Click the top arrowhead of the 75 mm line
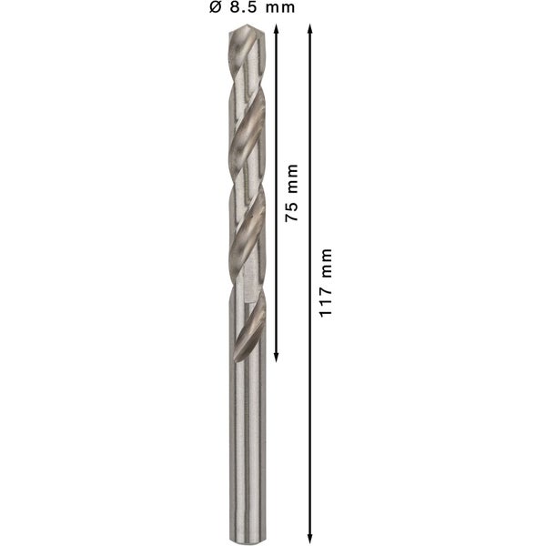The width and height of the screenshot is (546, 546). pyautogui.click(x=276, y=28)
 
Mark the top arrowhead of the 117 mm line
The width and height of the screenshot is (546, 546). pyautogui.click(x=311, y=28)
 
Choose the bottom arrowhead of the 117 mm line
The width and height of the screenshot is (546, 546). pyautogui.click(x=311, y=538)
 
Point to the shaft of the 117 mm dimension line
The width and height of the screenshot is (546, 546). pyautogui.click(x=311, y=409)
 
